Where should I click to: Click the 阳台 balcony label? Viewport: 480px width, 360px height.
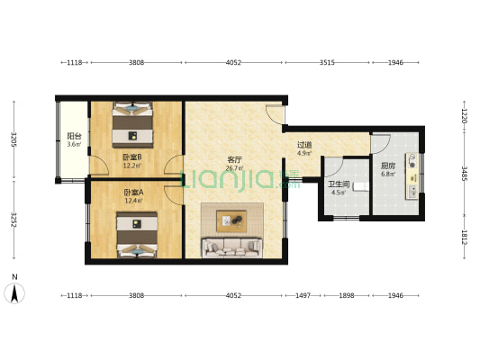(74, 136)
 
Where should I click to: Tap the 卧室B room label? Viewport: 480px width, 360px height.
(132, 157)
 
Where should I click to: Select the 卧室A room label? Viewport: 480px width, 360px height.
(134, 193)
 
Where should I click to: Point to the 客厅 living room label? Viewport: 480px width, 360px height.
(234, 159)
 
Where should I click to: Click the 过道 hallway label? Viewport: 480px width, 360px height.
(304, 145)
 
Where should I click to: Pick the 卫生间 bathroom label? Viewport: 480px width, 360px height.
(339, 184)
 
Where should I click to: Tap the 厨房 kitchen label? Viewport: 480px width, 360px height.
(388, 166)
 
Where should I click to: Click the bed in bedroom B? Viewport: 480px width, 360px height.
(132, 125)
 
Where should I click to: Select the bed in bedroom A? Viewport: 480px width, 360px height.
(137, 235)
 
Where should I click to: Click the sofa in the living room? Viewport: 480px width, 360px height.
(231, 247)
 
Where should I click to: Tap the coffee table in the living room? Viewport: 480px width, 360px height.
(231, 220)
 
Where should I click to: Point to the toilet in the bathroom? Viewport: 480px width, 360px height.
(360, 186)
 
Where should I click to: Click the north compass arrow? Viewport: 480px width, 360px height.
(14, 293)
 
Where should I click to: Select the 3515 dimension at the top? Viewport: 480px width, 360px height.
(327, 63)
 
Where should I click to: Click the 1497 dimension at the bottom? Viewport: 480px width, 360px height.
(303, 295)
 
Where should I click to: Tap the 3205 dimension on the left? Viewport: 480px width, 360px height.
(14, 139)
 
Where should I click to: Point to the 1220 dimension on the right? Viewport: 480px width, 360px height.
(465, 116)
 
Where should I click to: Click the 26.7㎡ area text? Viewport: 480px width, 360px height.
(234, 168)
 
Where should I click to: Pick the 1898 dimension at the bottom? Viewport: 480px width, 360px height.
(347, 295)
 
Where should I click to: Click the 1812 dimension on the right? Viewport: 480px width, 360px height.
(465, 238)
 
